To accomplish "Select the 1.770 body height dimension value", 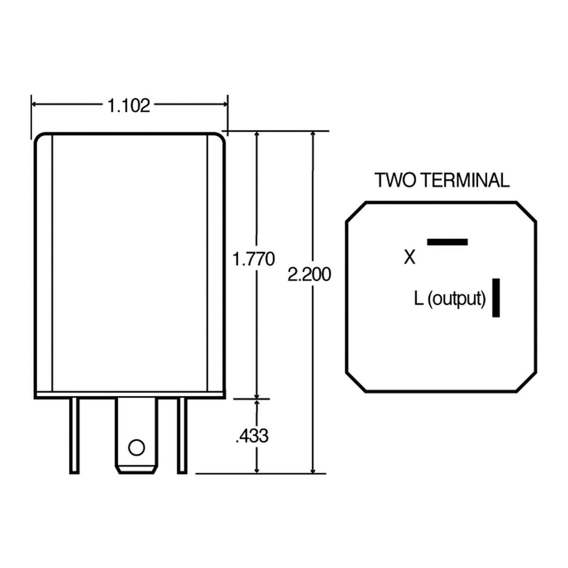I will tap(254, 259).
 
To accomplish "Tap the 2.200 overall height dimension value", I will tap(309, 274).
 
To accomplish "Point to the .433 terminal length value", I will tap(252, 436).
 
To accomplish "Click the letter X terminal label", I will tap(410, 258).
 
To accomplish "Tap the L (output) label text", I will tap(450, 299).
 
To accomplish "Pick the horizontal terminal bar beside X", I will tap(447, 242).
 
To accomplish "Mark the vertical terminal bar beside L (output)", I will tap(496, 298).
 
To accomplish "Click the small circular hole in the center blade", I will tap(136, 448).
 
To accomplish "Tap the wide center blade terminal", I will tap(136, 428).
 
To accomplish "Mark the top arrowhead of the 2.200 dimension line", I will tap(313, 135).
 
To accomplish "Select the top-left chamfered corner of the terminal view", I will tap(356, 212).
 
